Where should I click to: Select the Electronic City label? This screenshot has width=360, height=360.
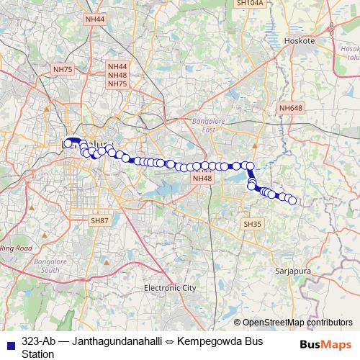(170, 288)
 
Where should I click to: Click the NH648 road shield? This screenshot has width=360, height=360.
(292, 108)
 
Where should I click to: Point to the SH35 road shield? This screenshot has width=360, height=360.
(252, 225)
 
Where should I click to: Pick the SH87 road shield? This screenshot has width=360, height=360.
(99, 220)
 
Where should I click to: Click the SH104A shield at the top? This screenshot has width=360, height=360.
(250, 4)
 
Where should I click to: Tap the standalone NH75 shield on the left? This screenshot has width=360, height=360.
(63, 69)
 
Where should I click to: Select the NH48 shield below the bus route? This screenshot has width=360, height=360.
(202, 178)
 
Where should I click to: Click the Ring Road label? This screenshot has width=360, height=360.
(16, 248)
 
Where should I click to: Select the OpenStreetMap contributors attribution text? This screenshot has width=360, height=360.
(297, 323)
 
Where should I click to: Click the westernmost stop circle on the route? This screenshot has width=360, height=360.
(68, 143)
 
